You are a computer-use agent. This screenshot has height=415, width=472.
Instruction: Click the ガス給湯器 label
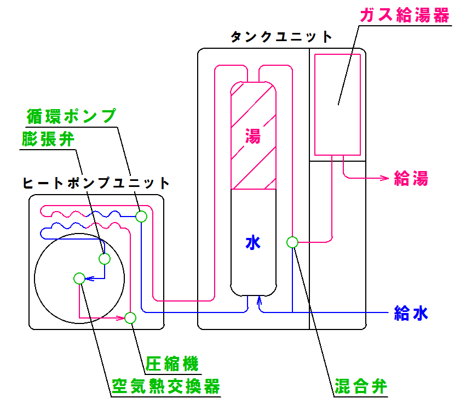[404, 15]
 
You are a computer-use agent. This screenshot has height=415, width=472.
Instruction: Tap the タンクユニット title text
[281, 37]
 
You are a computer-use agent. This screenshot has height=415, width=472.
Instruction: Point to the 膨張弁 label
[48, 139]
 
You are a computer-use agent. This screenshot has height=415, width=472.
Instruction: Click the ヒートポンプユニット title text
[96, 183]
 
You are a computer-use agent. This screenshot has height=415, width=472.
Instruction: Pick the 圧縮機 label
[171, 363]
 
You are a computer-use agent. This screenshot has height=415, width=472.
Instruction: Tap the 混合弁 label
[361, 387]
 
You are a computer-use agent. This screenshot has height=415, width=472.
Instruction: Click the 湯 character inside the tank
[253, 136]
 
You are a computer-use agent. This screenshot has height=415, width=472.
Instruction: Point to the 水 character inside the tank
[253, 242]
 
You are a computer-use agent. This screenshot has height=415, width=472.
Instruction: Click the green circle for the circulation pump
[141, 216]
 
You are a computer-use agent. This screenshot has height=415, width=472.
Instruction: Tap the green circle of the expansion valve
[105, 258]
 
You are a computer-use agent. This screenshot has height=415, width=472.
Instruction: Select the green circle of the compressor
[130, 317]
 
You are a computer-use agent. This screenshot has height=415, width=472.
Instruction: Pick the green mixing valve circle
[292, 242]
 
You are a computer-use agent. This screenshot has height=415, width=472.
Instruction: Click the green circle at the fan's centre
[79, 278]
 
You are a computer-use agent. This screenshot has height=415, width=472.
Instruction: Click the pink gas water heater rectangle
[338, 104]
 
